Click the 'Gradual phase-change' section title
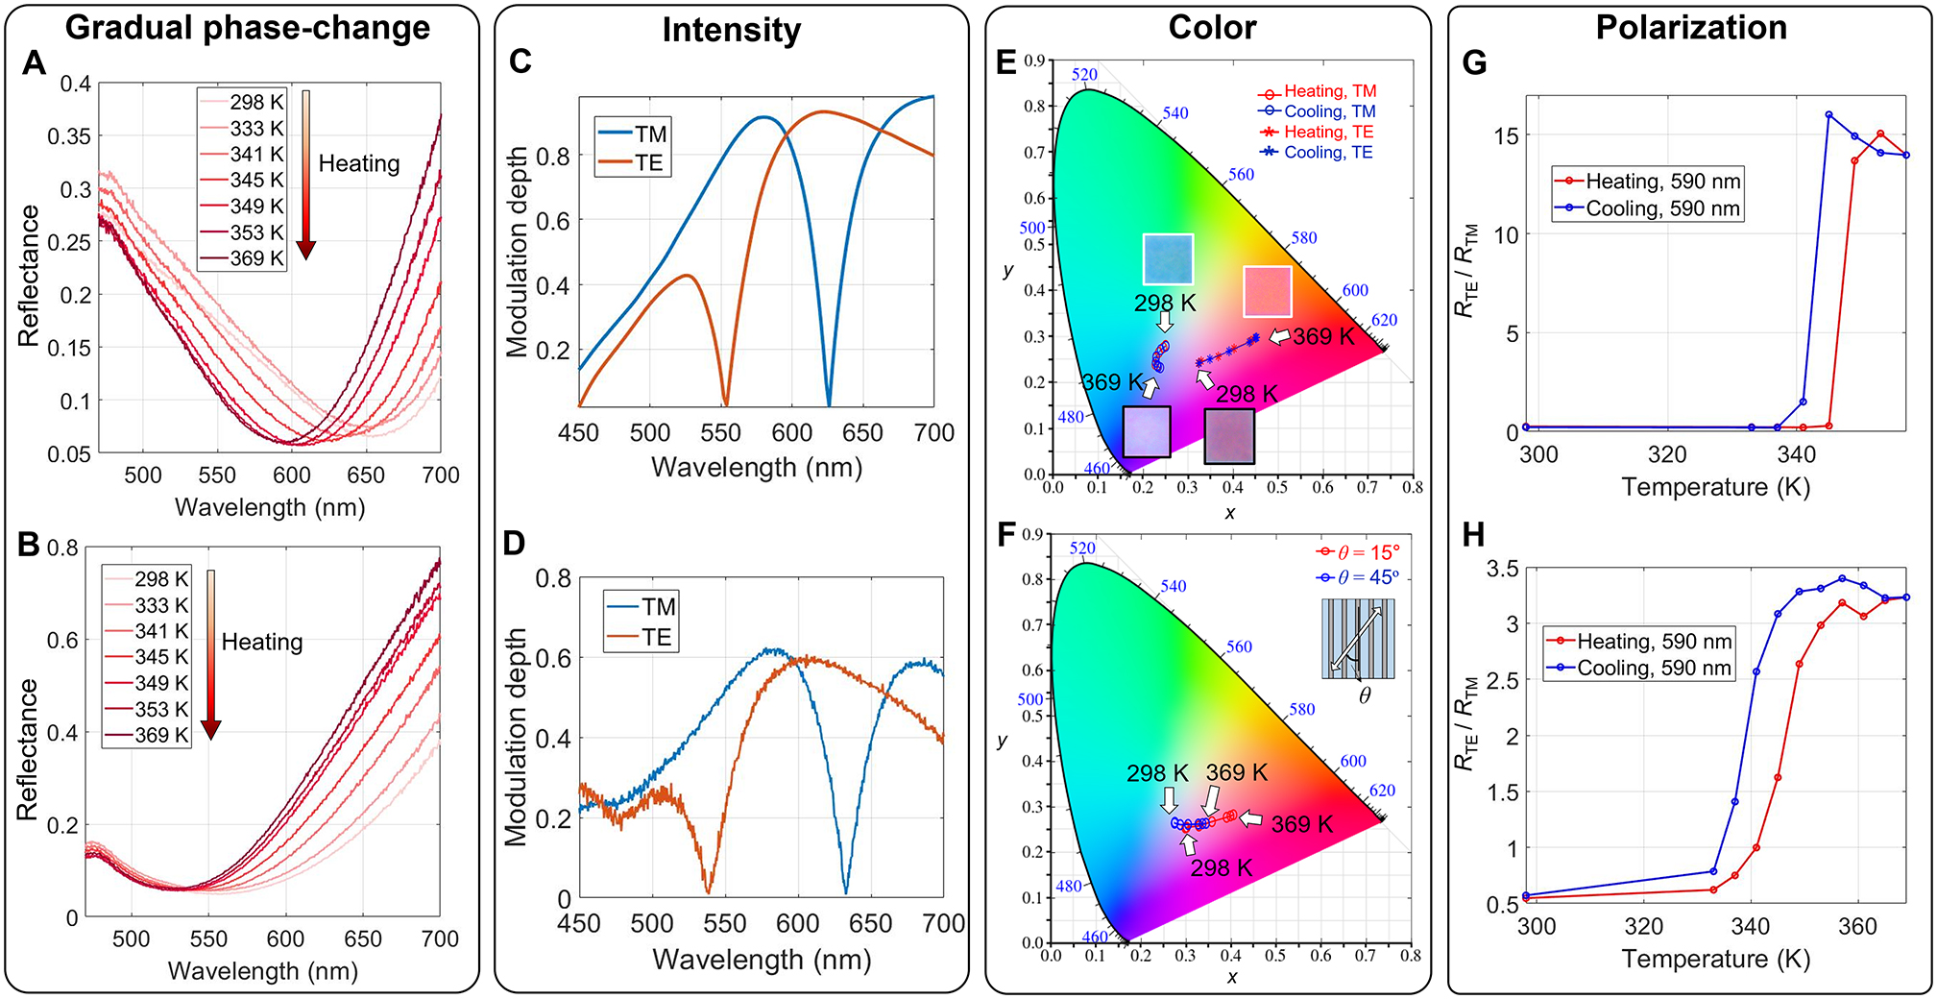point(248,27)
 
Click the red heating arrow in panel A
point(305,173)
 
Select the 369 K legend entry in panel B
point(160,735)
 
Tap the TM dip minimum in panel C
point(829,403)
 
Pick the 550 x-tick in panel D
point(725,924)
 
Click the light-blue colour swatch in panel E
point(1168,258)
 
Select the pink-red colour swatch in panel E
point(1268,291)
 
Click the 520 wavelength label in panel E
point(1084,75)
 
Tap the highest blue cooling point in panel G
point(1828,114)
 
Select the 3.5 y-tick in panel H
point(1503,569)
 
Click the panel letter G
point(1474,62)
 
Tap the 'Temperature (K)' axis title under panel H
point(1715,959)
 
